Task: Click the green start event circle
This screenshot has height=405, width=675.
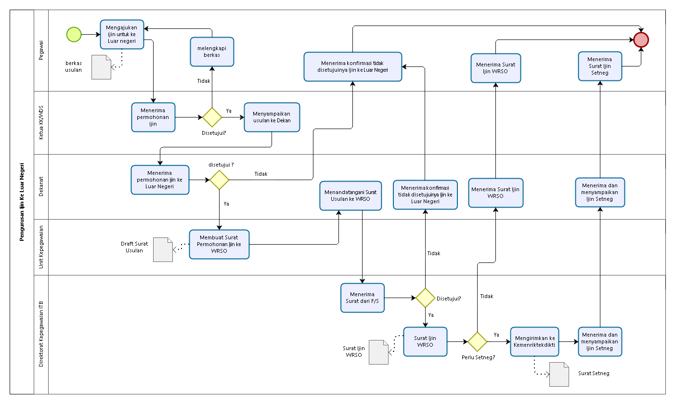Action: coord(74,34)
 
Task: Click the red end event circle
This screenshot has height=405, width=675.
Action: coord(641,40)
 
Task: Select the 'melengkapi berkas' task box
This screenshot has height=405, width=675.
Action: coord(212,52)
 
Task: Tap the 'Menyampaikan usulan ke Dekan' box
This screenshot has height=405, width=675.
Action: coord(272,117)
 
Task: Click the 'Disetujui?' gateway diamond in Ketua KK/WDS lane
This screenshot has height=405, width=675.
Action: coord(212,117)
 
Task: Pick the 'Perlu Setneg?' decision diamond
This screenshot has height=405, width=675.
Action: coord(477,342)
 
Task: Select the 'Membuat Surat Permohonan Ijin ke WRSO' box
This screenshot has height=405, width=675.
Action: coord(219,244)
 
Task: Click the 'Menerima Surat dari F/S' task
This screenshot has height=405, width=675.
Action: coord(362,298)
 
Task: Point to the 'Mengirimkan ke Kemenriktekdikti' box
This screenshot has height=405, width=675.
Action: coord(534,342)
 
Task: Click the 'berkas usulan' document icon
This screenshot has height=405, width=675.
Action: coord(101,67)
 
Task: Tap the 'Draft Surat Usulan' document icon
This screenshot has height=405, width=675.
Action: coord(163,250)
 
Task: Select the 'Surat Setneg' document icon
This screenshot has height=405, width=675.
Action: coord(559,374)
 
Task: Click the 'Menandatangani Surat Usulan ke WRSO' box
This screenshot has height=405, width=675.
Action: coord(350,196)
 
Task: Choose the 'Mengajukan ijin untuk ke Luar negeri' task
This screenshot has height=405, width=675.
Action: coord(122,34)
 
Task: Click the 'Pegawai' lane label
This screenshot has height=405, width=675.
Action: coord(41,50)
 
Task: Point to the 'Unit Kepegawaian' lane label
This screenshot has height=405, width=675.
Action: coord(41,247)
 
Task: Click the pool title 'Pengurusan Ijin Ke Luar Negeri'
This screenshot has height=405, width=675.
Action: coord(22,202)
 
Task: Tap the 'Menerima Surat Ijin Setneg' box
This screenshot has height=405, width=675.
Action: coord(600,66)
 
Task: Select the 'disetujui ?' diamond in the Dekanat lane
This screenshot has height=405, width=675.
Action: coord(219,180)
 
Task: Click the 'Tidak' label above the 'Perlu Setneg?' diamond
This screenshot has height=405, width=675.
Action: coord(487,296)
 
